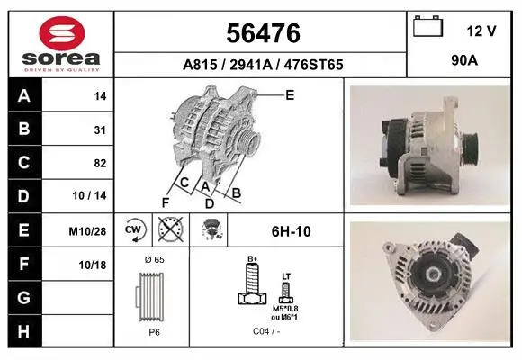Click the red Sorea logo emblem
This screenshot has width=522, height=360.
(x=62, y=33)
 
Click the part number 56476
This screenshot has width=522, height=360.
(x=263, y=33)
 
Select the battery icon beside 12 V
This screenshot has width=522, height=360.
(x=427, y=26)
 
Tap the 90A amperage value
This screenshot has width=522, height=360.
(x=464, y=60)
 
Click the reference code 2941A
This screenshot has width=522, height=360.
(x=251, y=65)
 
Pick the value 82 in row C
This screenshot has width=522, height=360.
(x=100, y=164)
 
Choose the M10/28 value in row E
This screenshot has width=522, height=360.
(x=87, y=231)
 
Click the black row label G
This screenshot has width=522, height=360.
(x=24, y=298)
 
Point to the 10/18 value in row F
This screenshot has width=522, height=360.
(x=93, y=265)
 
